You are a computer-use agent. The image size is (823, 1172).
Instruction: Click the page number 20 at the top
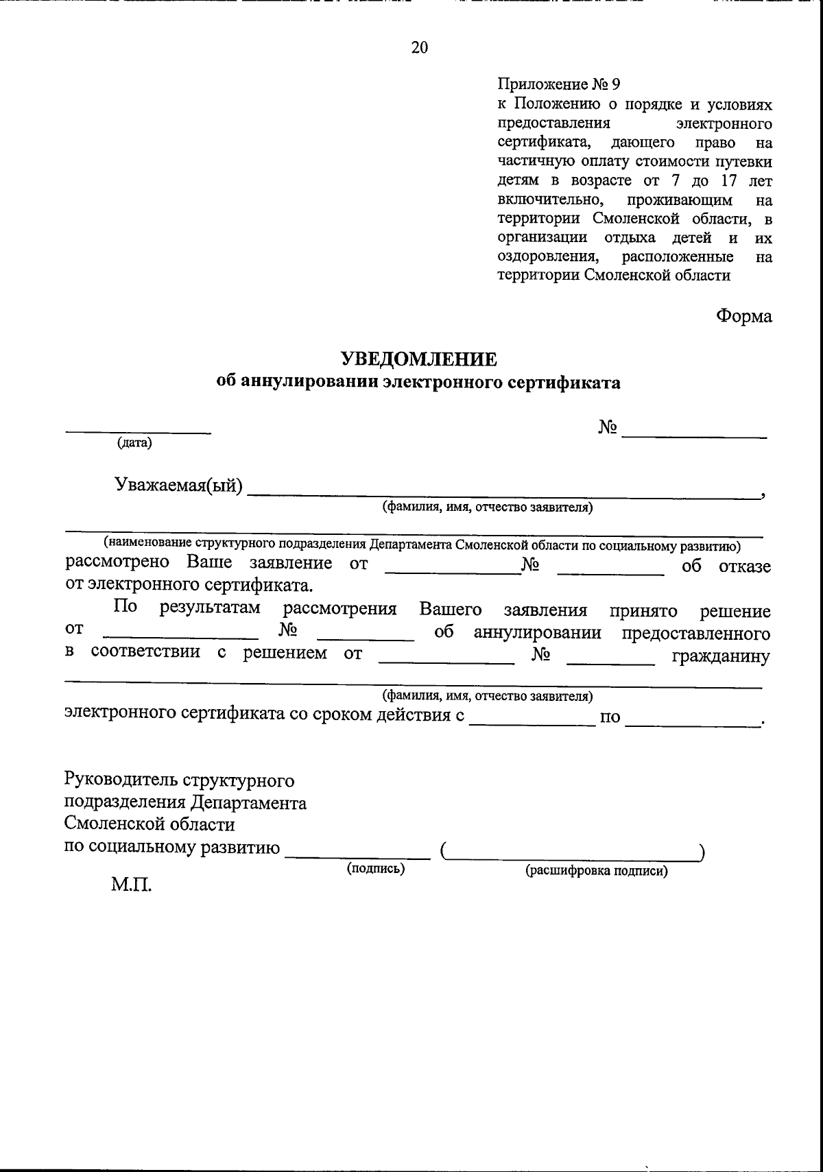pyautogui.click(x=419, y=47)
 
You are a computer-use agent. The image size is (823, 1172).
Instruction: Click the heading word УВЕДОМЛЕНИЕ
pyautogui.click(x=418, y=359)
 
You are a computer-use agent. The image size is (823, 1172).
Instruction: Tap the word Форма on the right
pyautogui.click(x=743, y=316)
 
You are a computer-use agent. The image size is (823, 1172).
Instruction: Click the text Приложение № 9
pyautogui.click(x=558, y=85)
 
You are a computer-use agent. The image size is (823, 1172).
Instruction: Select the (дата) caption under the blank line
pyautogui.click(x=134, y=443)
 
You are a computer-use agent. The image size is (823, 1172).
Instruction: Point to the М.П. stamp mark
pyautogui.click(x=132, y=885)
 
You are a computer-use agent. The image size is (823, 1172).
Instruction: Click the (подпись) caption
pyautogui.click(x=375, y=869)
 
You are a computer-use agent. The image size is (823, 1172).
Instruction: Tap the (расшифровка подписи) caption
pyautogui.click(x=596, y=871)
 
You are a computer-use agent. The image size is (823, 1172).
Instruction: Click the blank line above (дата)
pyautogui.click(x=138, y=431)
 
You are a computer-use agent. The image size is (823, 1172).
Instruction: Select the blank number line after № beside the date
pyautogui.click(x=693, y=436)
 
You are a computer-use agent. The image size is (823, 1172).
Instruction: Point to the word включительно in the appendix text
pyautogui.click(x=550, y=200)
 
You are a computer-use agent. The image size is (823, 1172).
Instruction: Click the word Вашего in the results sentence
pyautogui.click(x=450, y=610)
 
